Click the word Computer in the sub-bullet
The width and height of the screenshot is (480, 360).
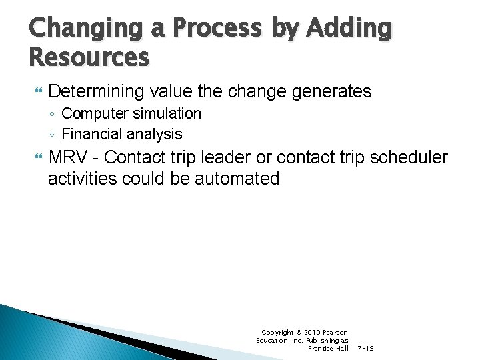(93, 114)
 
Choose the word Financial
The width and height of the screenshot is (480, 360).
(91, 134)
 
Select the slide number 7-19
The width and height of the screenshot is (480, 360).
(365, 348)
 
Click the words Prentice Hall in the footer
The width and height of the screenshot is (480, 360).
(328, 348)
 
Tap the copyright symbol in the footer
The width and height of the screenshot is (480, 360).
(298, 332)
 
